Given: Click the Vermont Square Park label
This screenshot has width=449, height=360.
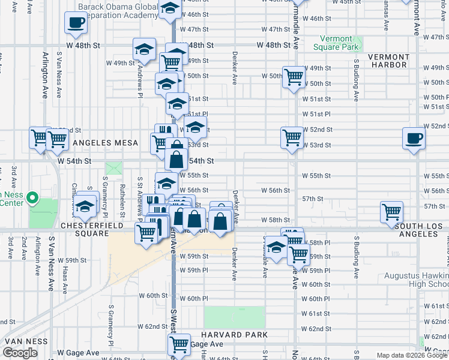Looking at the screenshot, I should click(336, 43).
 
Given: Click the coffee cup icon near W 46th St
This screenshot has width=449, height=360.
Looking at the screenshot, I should click(76, 23).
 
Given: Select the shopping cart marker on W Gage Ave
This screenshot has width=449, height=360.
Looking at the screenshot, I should click(179, 344).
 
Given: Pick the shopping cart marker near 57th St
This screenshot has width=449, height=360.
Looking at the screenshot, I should click(391, 211).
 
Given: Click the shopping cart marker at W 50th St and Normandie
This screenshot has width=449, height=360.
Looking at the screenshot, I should click(294, 76).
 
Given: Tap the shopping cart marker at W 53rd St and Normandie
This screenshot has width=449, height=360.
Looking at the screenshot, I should click(292, 137).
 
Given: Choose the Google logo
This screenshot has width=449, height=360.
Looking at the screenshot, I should click(20, 353).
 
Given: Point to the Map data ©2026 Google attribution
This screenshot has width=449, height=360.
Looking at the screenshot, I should click(412, 355).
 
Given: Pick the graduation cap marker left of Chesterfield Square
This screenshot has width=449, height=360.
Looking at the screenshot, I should click(86, 206).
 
